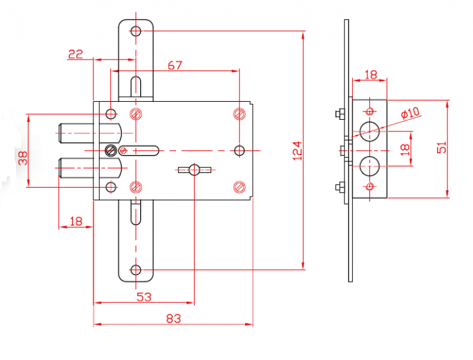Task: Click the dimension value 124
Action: tap(298, 151)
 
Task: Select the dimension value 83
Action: tap(173, 318)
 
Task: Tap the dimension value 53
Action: tap(144, 297)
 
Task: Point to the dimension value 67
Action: tap(175, 65)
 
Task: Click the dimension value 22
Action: tap(76, 54)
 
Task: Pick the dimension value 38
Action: tap(23, 158)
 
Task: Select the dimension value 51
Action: tap(442, 147)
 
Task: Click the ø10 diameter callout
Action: tap(410, 113)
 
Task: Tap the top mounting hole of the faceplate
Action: tap(136, 31)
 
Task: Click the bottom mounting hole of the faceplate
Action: tap(136, 270)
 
